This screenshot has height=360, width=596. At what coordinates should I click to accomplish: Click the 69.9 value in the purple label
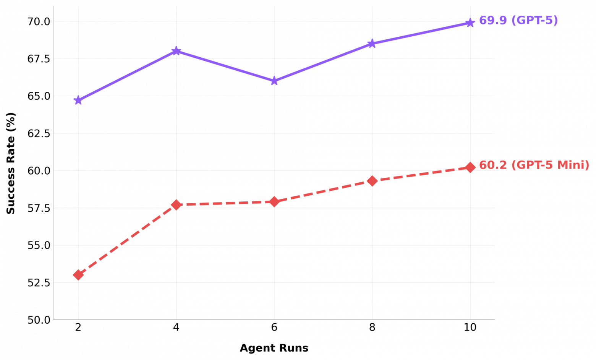493,20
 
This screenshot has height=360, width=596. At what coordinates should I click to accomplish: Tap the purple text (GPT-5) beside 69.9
535,20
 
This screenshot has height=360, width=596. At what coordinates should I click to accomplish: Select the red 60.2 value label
493,165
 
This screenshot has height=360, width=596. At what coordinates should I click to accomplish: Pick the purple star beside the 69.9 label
470,23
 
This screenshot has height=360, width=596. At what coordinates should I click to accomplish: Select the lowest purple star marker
78,101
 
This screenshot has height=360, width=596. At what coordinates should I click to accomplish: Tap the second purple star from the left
176,51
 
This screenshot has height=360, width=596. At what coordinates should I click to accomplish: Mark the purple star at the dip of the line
274,81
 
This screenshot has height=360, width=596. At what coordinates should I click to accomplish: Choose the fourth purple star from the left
372,44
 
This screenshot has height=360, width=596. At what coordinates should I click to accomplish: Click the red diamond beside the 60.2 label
470,167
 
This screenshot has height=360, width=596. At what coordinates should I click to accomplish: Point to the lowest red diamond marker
78,275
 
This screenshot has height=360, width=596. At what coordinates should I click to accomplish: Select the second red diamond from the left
176,205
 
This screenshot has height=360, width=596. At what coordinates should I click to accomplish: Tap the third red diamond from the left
274,202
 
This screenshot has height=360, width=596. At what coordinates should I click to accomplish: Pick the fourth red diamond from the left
372,181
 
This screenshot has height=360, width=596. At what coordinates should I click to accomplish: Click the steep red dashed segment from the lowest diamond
127,240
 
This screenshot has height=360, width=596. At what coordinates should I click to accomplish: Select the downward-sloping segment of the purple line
225,66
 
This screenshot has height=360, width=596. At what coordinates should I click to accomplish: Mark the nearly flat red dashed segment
225,203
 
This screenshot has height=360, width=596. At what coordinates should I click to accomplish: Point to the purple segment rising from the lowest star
127,76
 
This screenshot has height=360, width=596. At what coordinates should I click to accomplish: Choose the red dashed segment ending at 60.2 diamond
421,174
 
